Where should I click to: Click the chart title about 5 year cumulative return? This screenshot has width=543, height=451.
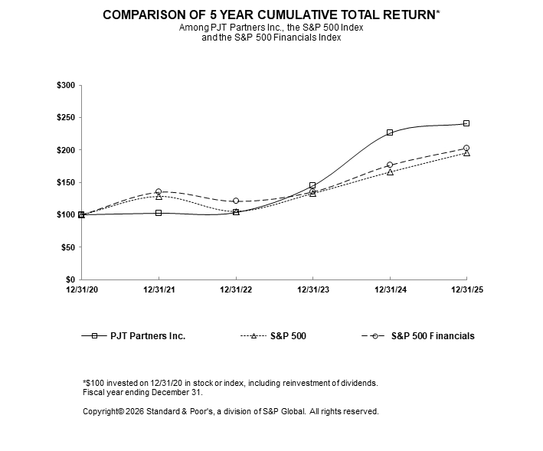point(270,15)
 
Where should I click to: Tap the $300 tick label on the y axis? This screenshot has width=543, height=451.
point(65,86)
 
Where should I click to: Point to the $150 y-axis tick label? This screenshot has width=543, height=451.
point(65,182)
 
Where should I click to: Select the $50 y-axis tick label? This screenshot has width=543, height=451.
point(67,247)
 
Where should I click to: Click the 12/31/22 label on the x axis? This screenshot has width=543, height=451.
point(236,289)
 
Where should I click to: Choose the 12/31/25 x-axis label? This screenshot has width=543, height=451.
point(467,289)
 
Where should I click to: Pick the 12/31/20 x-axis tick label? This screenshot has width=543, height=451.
point(81,289)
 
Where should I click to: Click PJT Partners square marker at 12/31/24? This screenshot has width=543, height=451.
point(390,132)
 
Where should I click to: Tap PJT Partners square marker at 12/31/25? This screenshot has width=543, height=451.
point(466,123)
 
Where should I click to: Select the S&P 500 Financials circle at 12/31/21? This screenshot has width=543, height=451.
point(159,192)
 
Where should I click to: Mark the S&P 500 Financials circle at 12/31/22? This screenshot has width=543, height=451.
point(236,201)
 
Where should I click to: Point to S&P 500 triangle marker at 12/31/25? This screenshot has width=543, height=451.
point(466,153)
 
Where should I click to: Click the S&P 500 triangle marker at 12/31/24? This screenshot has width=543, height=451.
point(390,172)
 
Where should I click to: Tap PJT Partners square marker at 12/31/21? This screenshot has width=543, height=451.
point(159,213)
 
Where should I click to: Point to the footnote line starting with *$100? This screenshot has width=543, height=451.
point(230,382)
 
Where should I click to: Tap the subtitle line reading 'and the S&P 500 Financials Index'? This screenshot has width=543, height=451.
point(270,38)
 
